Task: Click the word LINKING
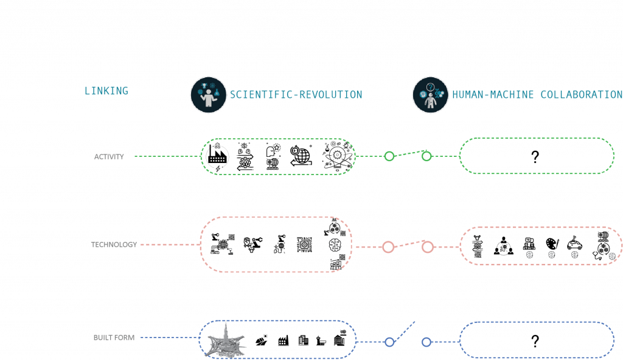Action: tap(106, 91)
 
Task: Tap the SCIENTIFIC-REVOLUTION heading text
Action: tap(296, 95)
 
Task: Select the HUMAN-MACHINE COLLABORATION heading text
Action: tap(537, 95)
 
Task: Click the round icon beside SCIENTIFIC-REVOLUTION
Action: tap(208, 95)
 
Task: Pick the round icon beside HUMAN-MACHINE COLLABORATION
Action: tap(430, 95)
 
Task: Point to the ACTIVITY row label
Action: tap(109, 157)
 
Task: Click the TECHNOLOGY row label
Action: tap(114, 244)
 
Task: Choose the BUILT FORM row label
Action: tap(114, 337)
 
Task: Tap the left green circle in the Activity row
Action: tap(389, 156)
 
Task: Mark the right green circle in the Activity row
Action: tap(426, 156)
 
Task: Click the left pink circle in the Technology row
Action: tap(388, 247)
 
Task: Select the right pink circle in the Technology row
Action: tap(428, 247)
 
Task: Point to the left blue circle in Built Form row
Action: tap(389, 342)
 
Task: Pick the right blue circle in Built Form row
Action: tap(426, 342)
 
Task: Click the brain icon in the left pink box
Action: tap(335, 245)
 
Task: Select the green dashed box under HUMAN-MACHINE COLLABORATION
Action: tap(537, 156)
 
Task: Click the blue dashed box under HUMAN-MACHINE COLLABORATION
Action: tap(537, 340)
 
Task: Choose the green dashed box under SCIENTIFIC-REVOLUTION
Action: tap(278, 157)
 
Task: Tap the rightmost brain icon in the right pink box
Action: tap(612, 256)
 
